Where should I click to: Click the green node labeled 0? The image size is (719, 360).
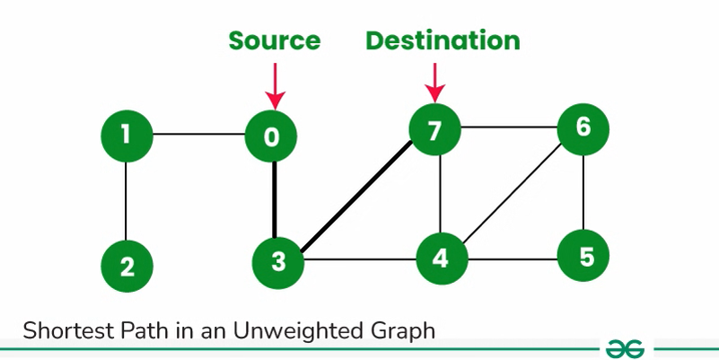click(272, 136)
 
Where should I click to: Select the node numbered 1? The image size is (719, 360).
click(126, 136)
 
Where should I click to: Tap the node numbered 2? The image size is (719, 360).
click(126, 267)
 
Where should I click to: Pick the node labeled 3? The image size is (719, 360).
click(278, 262)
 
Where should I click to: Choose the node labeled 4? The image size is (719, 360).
click(439, 259)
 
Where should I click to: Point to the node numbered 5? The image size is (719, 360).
click(584, 258)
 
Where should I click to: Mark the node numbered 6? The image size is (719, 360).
click(583, 127)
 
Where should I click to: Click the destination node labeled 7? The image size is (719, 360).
click(434, 131)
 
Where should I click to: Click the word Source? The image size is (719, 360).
click(274, 40)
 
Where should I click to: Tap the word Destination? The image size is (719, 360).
click(443, 40)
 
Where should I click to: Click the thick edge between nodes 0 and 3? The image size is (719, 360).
click(275, 199)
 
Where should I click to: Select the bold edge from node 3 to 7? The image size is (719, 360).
click(357, 196)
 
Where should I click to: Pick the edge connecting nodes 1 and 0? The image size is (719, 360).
click(199, 136)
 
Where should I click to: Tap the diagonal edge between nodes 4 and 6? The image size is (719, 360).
click(512, 194)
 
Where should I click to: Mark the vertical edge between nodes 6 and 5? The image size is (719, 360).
click(584, 193)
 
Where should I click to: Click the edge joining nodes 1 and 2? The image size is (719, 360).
click(126, 201)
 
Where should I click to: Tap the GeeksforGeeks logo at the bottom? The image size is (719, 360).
click(626, 348)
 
